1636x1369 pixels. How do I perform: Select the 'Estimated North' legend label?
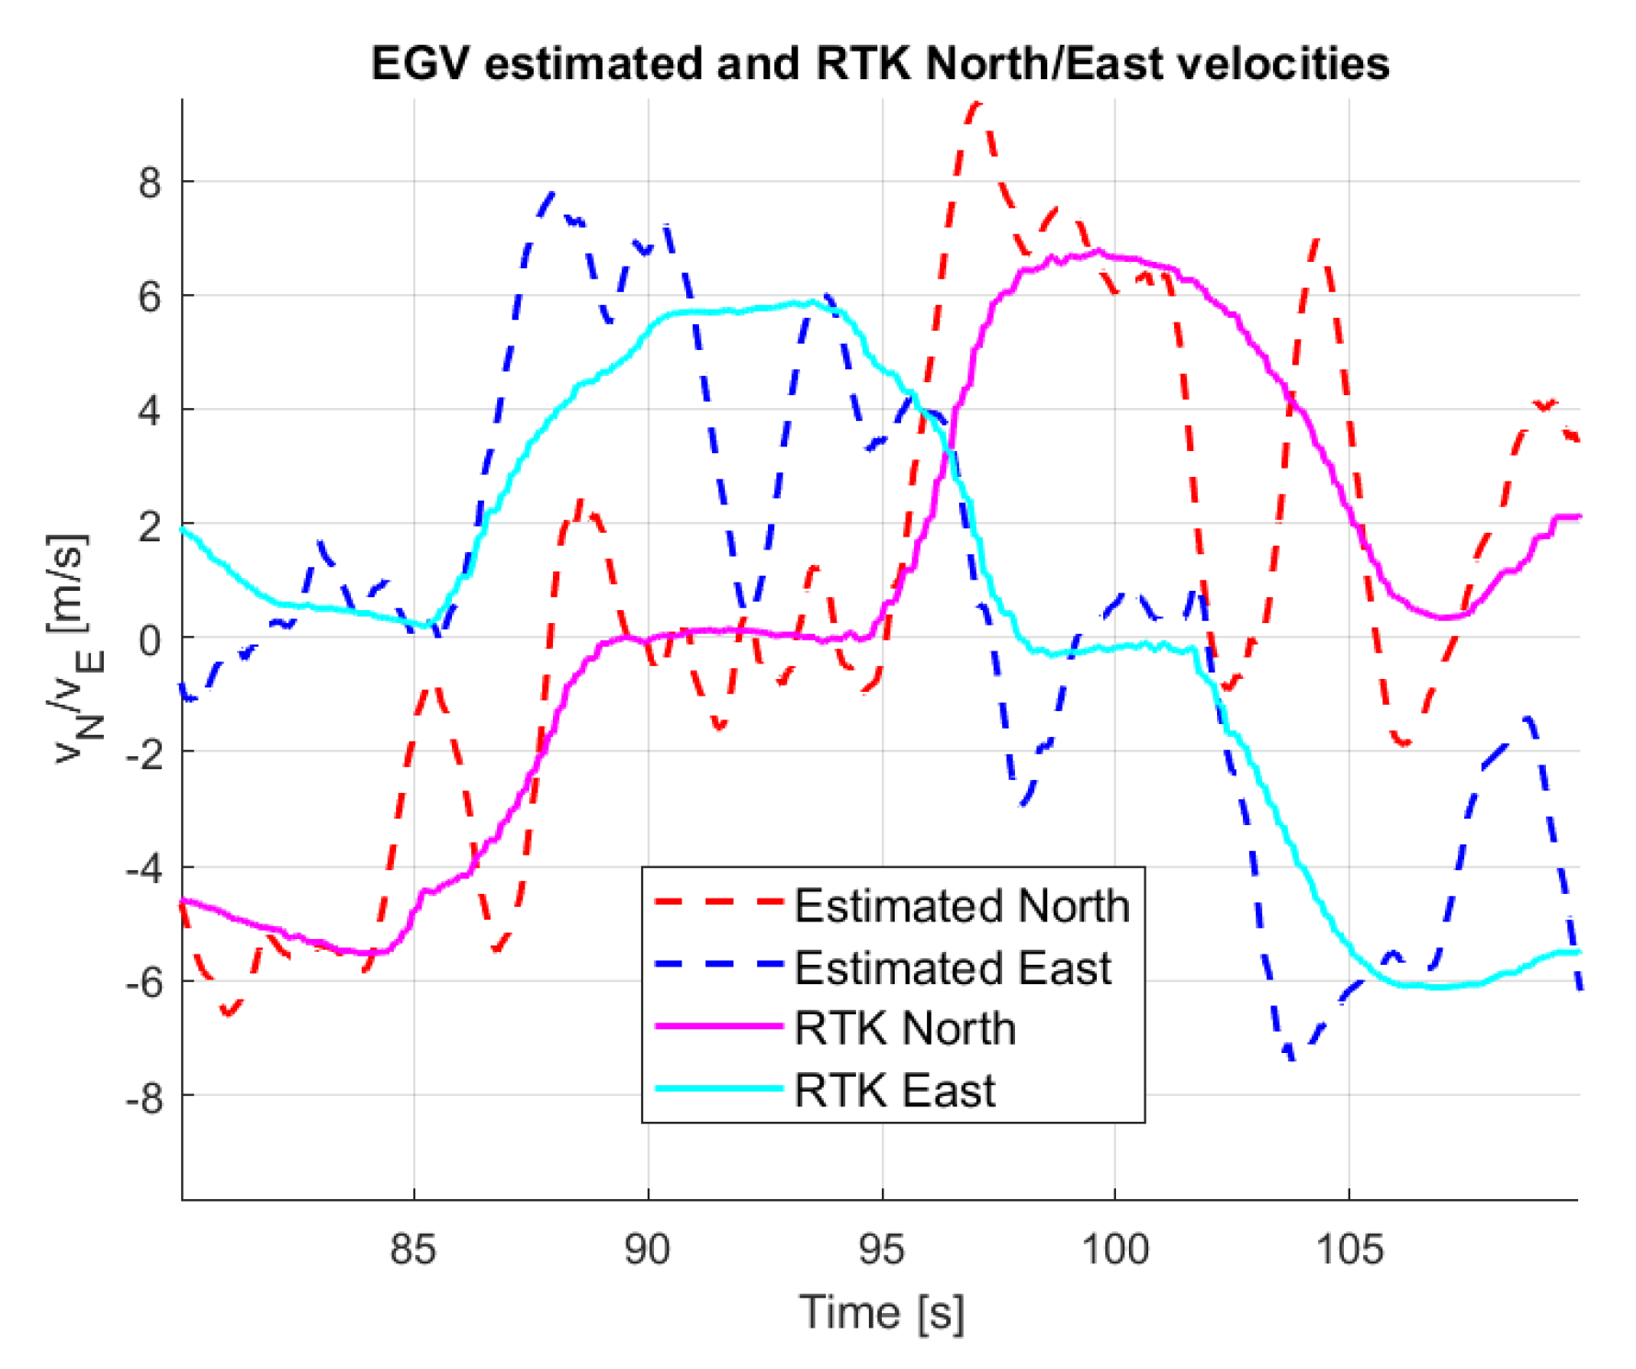(x=961, y=906)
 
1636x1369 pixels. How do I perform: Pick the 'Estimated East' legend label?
(x=952, y=967)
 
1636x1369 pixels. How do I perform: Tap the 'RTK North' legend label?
(x=905, y=1028)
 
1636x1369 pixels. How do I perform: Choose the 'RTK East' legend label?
(x=894, y=1091)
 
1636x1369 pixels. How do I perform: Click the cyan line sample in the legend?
(x=718, y=1089)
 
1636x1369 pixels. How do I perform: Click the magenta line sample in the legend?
(x=718, y=1026)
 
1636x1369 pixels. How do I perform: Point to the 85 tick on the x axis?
(x=412, y=1250)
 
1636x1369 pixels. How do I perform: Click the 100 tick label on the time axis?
(x=1114, y=1250)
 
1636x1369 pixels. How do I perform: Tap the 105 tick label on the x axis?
(x=1348, y=1250)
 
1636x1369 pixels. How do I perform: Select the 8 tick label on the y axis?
(x=150, y=183)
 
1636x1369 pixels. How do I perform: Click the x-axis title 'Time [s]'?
(x=881, y=1312)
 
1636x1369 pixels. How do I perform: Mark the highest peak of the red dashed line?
(x=976, y=105)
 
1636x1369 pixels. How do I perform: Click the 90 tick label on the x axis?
(x=647, y=1250)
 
